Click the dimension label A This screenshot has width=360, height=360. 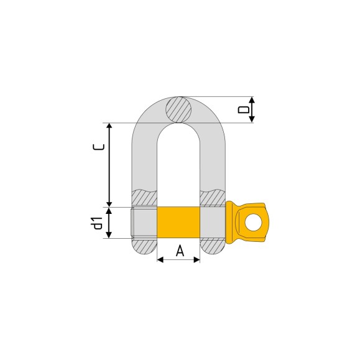pyautogui.click(x=180, y=251)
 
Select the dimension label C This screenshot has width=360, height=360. pyautogui.click(x=99, y=147)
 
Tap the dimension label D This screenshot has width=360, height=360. pyautogui.click(x=244, y=109)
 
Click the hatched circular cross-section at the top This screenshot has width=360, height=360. pyautogui.click(x=178, y=109)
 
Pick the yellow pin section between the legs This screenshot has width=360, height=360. pyautogui.click(x=178, y=222)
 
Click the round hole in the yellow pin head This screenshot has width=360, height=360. pyautogui.click(x=253, y=222)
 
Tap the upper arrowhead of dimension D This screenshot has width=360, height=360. pyautogui.click(x=252, y=100)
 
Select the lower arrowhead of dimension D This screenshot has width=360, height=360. pyautogui.click(x=252, y=119)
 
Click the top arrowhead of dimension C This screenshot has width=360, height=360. pyautogui.click(x=109, y=126)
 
